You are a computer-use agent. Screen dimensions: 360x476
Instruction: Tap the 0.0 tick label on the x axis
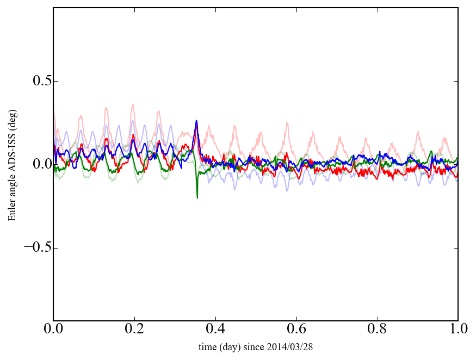coord(53,330)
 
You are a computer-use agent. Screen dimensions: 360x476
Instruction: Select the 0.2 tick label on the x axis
coord(134,330)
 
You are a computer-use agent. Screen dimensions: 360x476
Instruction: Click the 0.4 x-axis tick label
coord(215,330)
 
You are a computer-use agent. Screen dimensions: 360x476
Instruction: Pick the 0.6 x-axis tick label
coord(296,330)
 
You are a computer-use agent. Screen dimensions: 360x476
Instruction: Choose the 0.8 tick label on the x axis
coord(377,330)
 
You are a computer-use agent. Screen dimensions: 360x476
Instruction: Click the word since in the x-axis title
coord(263,346)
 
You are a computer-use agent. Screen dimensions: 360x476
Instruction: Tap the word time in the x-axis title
coord(208,346)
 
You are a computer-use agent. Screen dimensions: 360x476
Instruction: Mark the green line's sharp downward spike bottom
coord(197,197)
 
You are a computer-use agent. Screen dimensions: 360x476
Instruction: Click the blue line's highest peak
coord(196,121)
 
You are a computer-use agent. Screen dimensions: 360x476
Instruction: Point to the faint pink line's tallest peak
coord(133,105)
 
